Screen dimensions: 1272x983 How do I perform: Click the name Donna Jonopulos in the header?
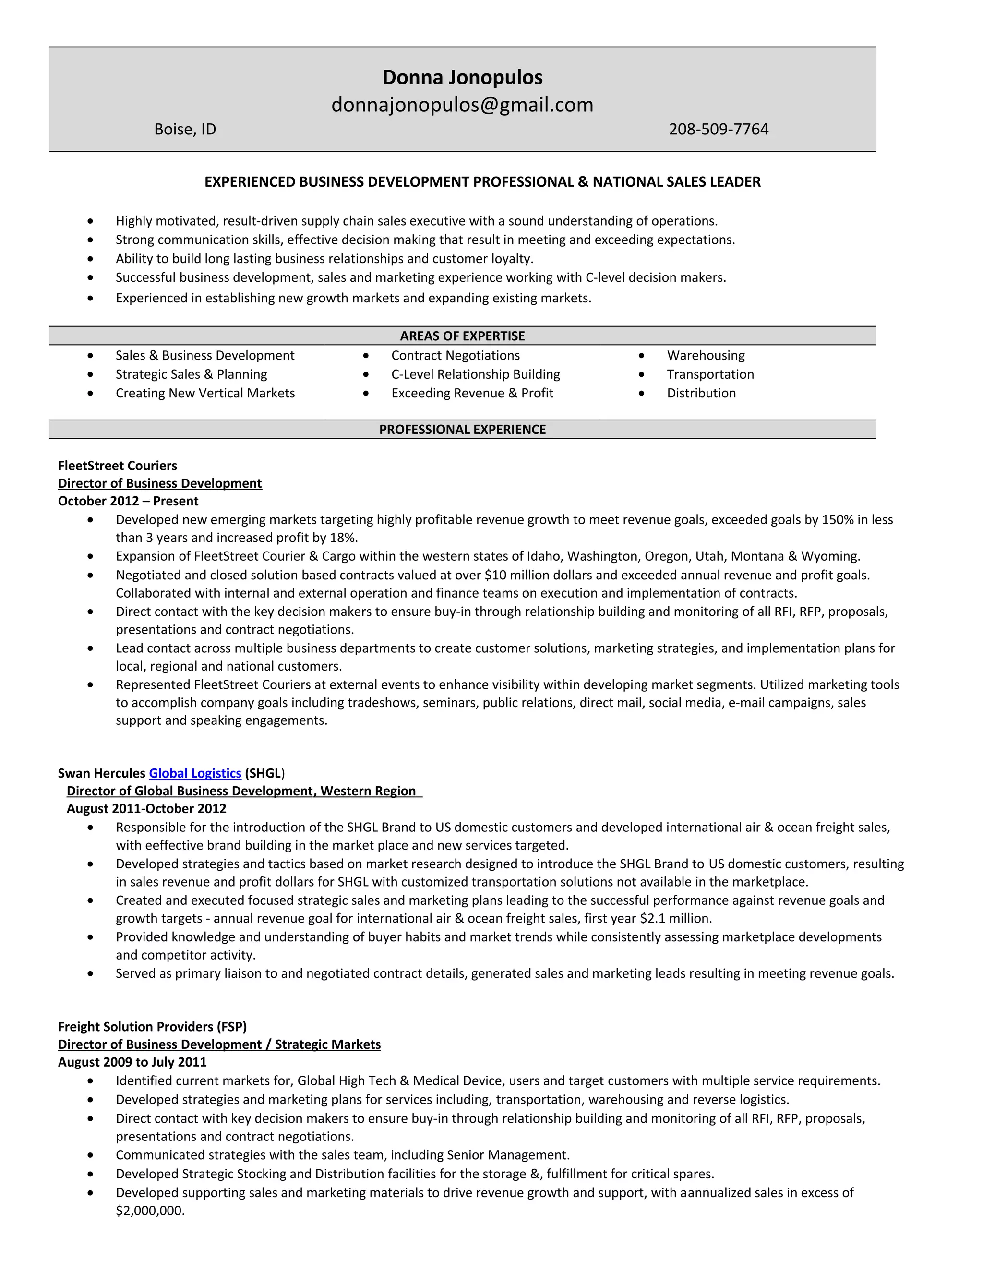click(462, 77)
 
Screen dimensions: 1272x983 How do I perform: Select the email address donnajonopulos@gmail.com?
click(462, 105)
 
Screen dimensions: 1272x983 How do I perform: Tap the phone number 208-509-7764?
click(718, 129)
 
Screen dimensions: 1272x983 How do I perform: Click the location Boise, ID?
click(185, 129)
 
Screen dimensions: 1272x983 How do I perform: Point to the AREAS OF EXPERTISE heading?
click(462, 336)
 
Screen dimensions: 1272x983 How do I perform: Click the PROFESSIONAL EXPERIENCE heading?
click(462, 430)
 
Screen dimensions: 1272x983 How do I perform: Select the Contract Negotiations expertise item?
click(456, 355)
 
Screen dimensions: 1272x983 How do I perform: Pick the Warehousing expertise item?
click(705, 355)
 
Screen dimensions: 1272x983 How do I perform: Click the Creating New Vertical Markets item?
click(205, 393)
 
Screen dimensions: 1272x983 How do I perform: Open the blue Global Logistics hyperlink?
click(195, 773)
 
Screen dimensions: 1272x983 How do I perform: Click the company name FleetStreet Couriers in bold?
click(118, 466)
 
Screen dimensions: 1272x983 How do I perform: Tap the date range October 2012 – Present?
click(128, 502)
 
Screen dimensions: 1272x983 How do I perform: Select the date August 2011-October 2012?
click(146, 809)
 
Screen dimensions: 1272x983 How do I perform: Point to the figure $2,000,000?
click(150, 1211)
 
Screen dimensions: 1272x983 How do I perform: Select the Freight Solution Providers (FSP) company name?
click(153, 1027)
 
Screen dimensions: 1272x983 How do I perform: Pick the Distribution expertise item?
click(701, 393)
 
